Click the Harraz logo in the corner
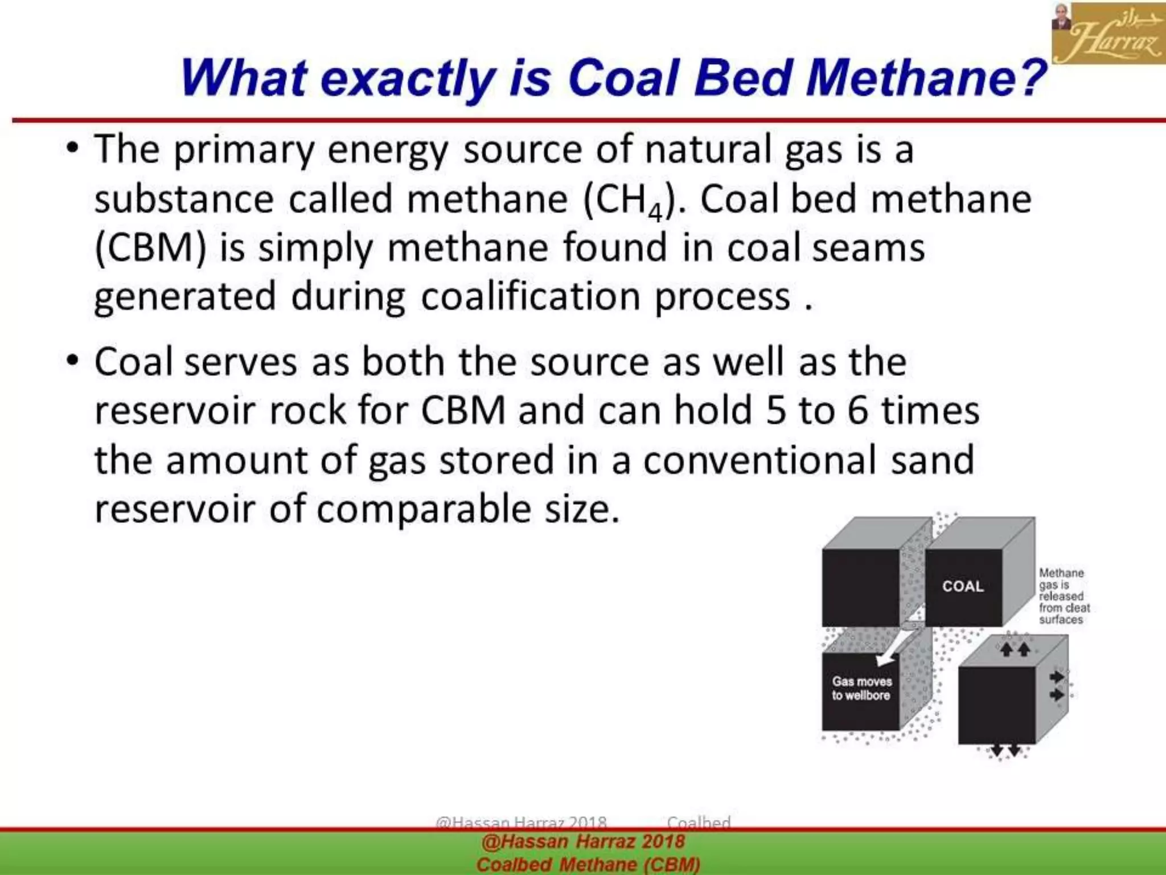tap(1108, 32)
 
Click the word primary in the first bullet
tap(244, 150)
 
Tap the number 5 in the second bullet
tap(775, 410)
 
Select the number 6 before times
tap(857, 410)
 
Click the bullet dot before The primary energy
tap(72, 148)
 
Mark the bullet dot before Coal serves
tap(72, 361)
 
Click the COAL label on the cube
tap(963, 586)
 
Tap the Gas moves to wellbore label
tap(861, 688)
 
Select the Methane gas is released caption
tap(1063, 596)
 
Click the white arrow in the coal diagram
tap(897, 644)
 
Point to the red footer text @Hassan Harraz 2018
tap(583, 841)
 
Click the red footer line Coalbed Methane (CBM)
tap(588, 864)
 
